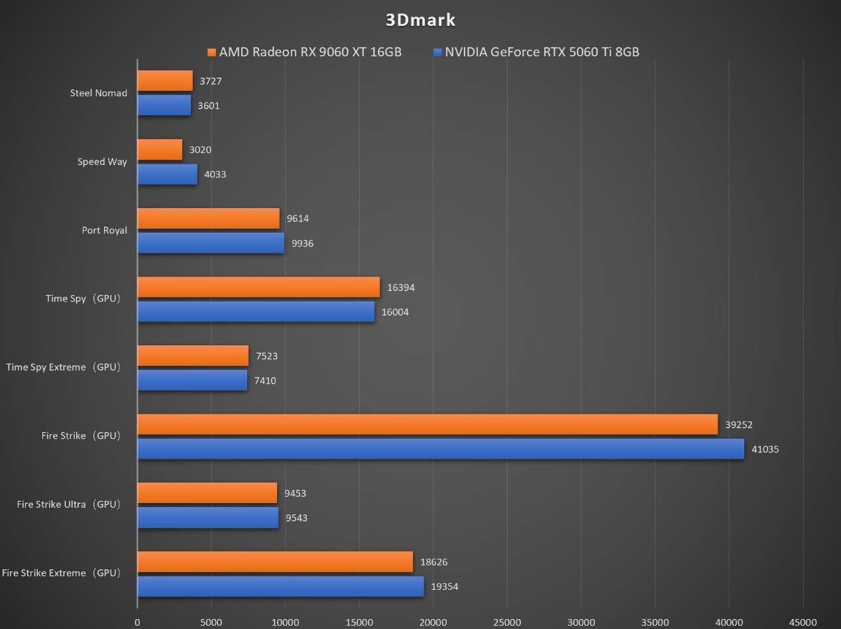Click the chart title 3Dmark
[x=420, y=20]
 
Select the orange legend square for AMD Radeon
[x=212, y=52]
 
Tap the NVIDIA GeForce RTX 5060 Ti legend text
[x=541, y=52]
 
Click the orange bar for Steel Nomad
[x=165, y=81]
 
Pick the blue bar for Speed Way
[x=167, y=174]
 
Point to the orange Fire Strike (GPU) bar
[x=427, y=424]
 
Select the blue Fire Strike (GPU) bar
[x=441, y=449]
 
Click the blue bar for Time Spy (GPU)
[x=256, y=312]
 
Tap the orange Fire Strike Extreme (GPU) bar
[x=275, y=561]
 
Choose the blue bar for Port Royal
[x=211, y=243]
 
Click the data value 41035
[x=765, y=449]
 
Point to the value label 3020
[x=200, y=150]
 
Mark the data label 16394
[x=401, y=288]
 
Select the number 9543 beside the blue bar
[x=296, y=518]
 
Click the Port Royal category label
[x=104, y=231]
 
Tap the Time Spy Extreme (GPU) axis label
[x=64, y=367]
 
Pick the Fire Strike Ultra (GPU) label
[x=69, y=504]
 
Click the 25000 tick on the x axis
[x=507, y=622]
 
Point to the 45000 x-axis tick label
[x=803, y=622]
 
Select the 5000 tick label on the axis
[x=211, y=622]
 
